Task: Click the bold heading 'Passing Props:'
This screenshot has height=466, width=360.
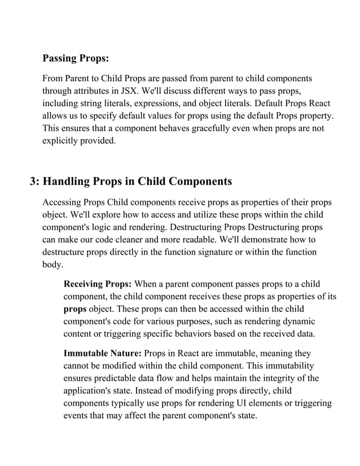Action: coord(76,58)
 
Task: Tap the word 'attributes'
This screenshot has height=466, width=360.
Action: coord(99,91)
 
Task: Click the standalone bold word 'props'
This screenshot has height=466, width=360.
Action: coord(75,309)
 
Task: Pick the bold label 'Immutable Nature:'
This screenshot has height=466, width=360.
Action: coord(103,354)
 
